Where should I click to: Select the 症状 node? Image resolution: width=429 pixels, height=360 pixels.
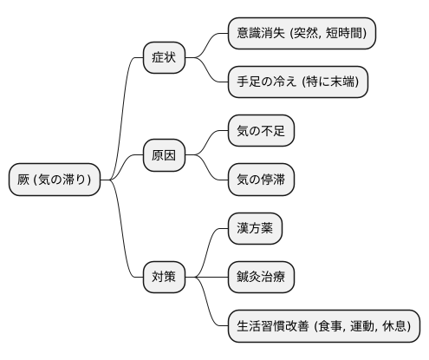pos(165,58)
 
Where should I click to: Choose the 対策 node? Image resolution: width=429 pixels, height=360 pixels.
pos(165,277)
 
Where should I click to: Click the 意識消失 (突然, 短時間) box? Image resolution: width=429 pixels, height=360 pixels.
pos(301,34)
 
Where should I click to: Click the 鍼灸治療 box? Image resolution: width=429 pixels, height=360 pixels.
pos(261,277)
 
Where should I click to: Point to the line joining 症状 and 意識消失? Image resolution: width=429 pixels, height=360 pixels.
pos(209,43)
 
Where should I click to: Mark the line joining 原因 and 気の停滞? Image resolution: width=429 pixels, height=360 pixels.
pos(209,170)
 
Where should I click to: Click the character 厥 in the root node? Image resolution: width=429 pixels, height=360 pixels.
pos(24,180)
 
